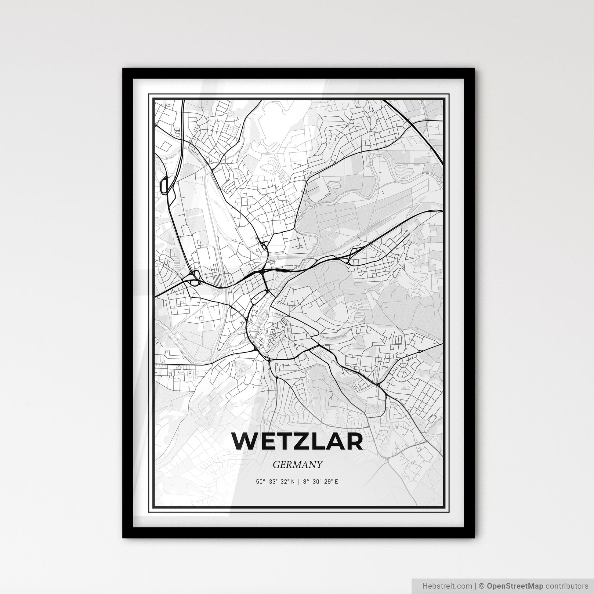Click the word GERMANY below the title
click(x=297, y=465)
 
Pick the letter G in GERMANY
click(x=276, y=465)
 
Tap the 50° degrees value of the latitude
click(x=260, y=482)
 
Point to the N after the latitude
click(x=293, y=482)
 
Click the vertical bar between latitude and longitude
click(x=298, y=482)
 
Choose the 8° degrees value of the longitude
click(x=305, y=482)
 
